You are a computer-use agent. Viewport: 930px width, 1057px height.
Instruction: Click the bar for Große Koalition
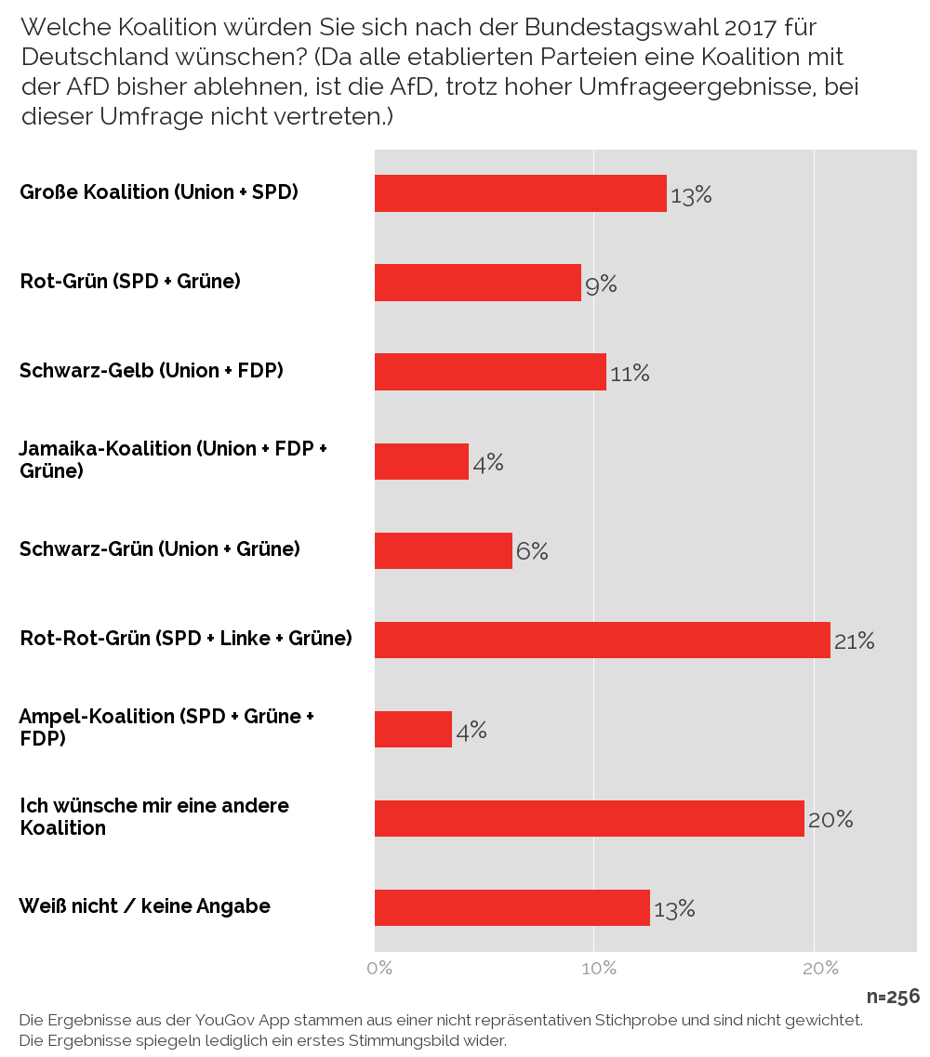click(x=520, y=193)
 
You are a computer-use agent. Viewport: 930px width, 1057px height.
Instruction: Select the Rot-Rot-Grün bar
click(x=602, y=640)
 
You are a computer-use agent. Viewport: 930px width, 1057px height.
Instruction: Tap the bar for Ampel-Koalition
click(x=413, y=729)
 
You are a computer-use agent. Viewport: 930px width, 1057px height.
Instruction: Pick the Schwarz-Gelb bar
click(x=490, y=372)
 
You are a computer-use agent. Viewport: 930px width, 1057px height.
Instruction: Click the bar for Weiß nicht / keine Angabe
click(x=511, y=907)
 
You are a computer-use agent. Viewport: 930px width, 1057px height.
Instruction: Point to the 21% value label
click(x=854, y=641)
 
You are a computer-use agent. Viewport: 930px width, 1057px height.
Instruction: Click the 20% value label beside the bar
click(x=830, y=819)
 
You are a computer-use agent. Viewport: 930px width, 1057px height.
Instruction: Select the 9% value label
click(x=601, y=284)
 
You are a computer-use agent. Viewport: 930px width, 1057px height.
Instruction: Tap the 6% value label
click(x=532, y=551)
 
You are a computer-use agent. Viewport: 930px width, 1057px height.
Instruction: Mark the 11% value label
click(x=630, y=374)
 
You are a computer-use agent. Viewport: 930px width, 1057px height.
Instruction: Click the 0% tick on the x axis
click(x=379, y=969)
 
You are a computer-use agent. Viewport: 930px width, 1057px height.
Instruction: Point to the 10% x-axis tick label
click(x=599, y=969)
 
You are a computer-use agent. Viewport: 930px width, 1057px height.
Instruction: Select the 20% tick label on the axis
click(x=820, y=969)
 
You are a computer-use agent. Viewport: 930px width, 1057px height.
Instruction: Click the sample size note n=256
click(x=893, y=997)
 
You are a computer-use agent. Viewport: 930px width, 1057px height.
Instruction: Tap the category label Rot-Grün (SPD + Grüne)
click(x=130, y=281)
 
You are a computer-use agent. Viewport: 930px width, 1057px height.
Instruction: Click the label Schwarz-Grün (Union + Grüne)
click(x=160, y=549)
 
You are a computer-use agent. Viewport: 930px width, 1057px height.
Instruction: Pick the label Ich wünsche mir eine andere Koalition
click(x=154, y=816)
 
